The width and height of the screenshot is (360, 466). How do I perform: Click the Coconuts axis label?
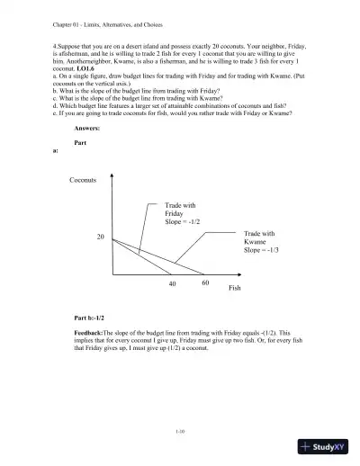pyautogui.click(x=83, y=181)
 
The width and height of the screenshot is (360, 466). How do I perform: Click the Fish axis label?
pyautogui.click(x=235, y=288)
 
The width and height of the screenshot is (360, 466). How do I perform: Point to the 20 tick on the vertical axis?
pyautogui.click(x=101, y=236)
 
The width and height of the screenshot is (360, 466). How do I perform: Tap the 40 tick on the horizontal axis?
pyautogui.click(x=172, y=282)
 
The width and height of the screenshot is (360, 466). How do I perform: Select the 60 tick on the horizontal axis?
pyautogui.click(x=204, y=282)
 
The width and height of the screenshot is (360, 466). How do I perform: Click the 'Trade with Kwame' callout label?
pyautogui.click(x=257, y=237)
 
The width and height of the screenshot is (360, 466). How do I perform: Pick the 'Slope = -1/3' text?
pyautogui.click(x=261, y=250)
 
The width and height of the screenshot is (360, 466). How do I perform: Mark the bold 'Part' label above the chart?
pyautogui.click(x=80, y=142)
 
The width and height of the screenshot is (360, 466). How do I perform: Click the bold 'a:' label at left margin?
pyautogui.click(x=58, y=151)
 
